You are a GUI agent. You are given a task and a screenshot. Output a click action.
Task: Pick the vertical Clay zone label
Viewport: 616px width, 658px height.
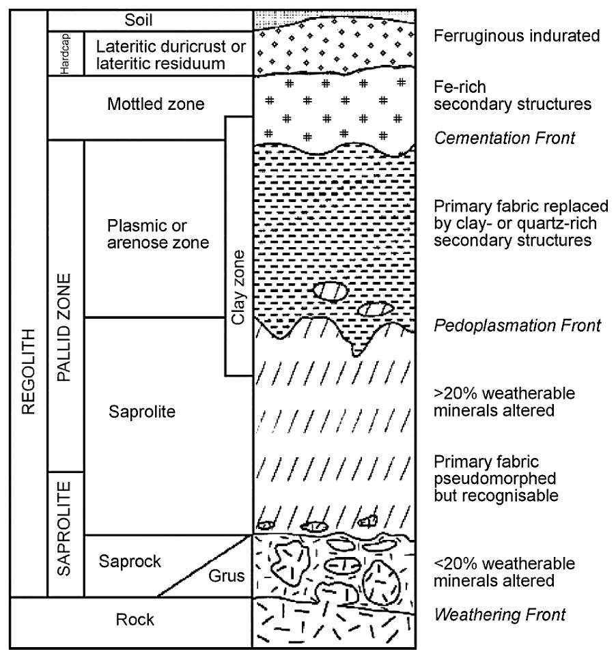pyautogui.click(x=237, y=287)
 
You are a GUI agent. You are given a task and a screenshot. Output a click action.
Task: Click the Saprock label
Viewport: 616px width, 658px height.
pyautogui.click(x=130, y=562)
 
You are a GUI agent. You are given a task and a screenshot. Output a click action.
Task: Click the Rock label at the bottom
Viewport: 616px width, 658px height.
pyautogui.click(x=135, y=620)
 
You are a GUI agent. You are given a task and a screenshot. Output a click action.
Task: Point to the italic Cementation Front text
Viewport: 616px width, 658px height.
pyautogui.click(x=505, y=138)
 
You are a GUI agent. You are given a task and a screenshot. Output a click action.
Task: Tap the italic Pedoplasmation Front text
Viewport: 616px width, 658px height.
pyautogui.click(x=517, y=325)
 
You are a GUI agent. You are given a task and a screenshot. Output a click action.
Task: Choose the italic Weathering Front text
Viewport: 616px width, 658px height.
pyautogui.click(x=500, y=615)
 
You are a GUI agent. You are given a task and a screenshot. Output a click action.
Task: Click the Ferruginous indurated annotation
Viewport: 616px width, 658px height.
pyautogui.click(x=516, y=36)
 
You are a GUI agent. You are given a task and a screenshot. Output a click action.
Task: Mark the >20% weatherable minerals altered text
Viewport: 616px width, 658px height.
pyautogui.click(x=505, y=402)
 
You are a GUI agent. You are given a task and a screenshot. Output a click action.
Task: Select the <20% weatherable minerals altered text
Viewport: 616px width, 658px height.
pyautogui.click(x=505, y=573)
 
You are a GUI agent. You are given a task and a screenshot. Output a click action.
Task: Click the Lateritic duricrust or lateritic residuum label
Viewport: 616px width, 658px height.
pyautogui.click(x=170, y=55)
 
